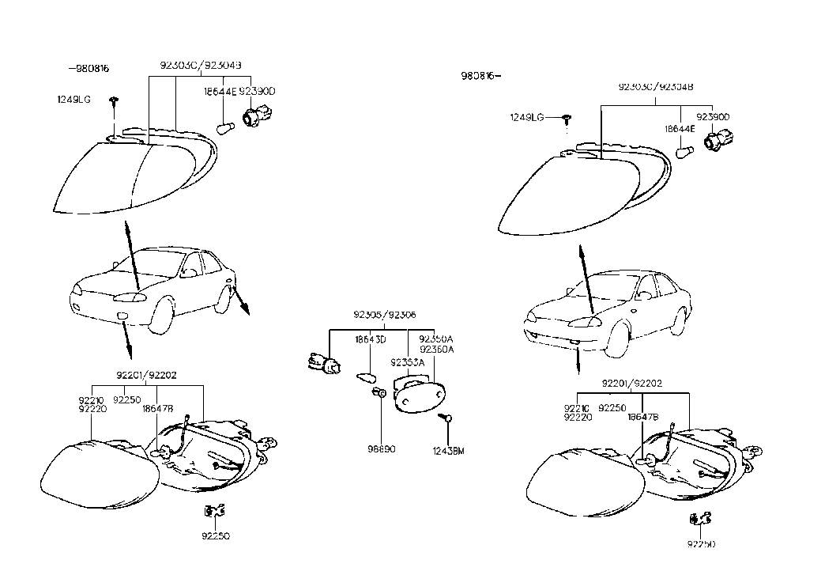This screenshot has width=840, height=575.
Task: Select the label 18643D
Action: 370,339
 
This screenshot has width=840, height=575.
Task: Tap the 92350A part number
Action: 437,339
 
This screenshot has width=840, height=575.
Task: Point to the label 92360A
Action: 437,349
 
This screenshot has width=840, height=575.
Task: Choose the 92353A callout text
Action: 407,362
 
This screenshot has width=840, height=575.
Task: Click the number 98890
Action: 381,448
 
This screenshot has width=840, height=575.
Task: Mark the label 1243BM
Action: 449,451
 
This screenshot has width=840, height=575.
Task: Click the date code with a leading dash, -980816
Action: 88,69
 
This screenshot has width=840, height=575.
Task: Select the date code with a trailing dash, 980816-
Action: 481,76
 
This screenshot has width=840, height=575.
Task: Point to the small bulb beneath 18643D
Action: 365,376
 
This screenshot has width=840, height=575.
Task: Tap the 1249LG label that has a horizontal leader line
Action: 527,117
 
